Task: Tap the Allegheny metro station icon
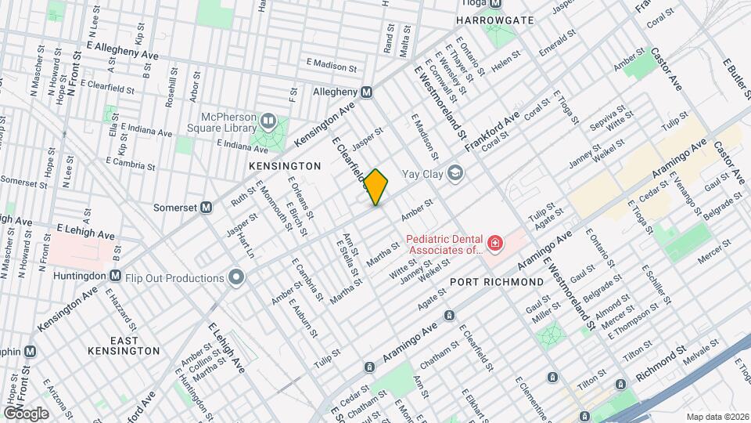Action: [x=376, y=92]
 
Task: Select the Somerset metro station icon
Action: [x=207, y=208]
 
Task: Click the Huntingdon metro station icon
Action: [x=115, y=275]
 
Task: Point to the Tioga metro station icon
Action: [x=506, y=3]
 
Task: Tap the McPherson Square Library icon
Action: [x=268, y=120]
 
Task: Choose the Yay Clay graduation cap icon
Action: [x=455, y=174]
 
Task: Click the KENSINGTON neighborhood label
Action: [x=285, y=166]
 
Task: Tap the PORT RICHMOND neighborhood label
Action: [x=497, y=281]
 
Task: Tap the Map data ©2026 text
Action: [x=717, y=416]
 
